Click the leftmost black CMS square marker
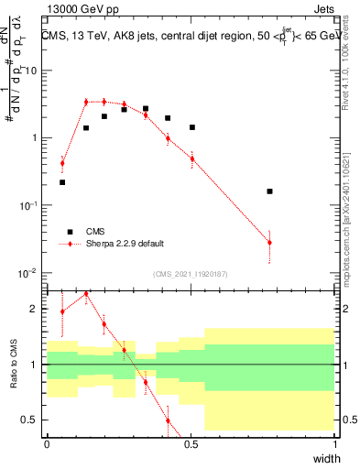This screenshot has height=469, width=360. (62, 182)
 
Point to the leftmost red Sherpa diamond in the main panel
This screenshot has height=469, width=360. (62, 164)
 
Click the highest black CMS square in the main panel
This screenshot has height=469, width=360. (146, 108)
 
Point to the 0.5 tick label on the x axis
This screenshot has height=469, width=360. (191, 443)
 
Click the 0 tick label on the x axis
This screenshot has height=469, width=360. (47, 443)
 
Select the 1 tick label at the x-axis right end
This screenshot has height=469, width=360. (334, 443)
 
